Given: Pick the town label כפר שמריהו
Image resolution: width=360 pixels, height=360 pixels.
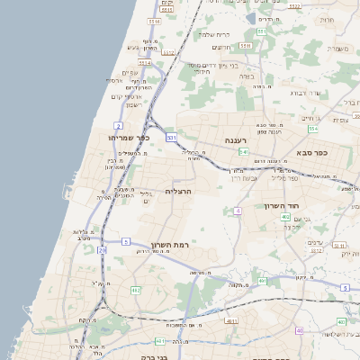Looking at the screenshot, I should tap(131, 139).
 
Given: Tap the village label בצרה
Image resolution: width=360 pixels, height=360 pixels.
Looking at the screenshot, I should tap(247, 76).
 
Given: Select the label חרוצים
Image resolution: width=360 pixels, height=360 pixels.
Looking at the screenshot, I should tap(221, 47).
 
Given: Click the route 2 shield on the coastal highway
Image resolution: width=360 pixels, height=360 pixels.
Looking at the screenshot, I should tap(119, 125).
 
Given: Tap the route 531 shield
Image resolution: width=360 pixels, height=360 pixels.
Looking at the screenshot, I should tap(171, 137).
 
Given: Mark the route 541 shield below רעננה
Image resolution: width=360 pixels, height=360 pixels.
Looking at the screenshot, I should tap(244, 153).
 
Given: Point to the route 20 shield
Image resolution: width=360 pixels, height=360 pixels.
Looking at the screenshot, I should tap(103, 249).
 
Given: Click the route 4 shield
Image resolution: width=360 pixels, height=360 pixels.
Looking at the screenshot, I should tap(238, 211).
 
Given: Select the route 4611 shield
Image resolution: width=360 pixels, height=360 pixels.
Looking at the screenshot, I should tap(231, 320).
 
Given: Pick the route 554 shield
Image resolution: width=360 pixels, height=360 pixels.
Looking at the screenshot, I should tap(261, 31).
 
